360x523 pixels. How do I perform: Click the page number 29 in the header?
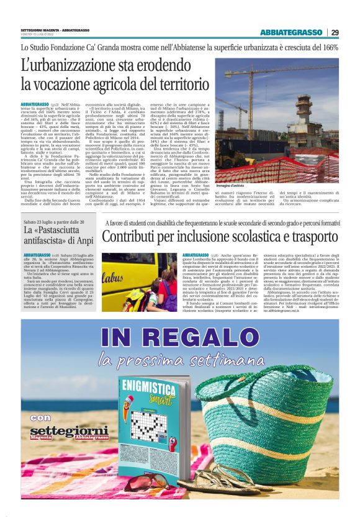tap(335, 32)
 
